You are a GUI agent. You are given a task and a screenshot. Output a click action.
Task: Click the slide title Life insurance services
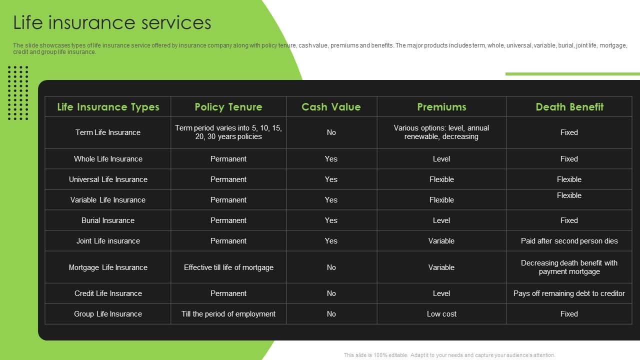pos(112,23)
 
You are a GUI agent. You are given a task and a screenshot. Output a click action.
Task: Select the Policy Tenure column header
pos(228,107)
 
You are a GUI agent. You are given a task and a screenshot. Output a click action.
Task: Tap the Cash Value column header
pos(331,107)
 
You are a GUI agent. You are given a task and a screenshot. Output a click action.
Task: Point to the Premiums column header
pos(441,107)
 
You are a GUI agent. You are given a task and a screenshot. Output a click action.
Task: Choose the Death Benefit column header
pos(569,107)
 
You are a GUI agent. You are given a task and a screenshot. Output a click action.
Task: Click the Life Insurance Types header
pos(108,107)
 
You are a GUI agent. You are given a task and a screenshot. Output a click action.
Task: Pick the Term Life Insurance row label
pos(108,132)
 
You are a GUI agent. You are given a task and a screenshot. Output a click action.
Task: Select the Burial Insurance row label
pos(108,220)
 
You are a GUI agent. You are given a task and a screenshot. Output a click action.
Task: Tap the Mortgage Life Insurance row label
pos(108,267)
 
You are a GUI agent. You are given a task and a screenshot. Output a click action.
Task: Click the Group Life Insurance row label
pos(108,314)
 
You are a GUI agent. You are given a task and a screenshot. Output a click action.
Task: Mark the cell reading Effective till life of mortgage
pos(228,267)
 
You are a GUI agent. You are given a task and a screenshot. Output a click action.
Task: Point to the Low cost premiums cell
pos(441,314)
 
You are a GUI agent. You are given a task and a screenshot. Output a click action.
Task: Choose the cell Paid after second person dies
pos(569,241)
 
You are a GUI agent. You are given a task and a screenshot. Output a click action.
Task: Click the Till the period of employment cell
pos(228,314)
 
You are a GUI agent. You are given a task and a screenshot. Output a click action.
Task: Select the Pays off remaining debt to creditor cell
pos(569,293)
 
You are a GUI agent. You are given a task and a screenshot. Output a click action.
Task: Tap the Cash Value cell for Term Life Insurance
pos(331,132)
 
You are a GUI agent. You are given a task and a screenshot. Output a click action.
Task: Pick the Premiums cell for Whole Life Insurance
pos(441,159)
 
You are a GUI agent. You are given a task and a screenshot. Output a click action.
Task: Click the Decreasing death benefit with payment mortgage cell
pos(569,267)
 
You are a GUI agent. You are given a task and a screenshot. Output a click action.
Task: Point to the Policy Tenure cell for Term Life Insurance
pos(228,132)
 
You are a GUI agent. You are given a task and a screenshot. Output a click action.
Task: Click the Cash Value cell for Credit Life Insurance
pos(331,293)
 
